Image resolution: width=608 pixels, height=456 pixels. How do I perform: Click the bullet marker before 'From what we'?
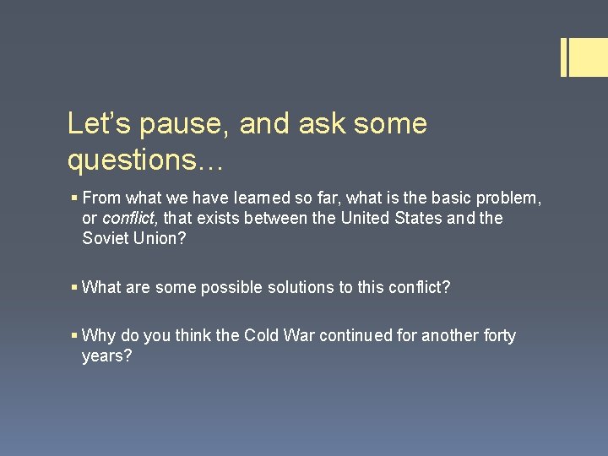click(x=74, y=198)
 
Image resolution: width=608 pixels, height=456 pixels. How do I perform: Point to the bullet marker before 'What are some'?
click(x=74, y=288)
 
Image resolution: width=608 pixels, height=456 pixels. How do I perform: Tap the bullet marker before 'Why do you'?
click(x=74, y=336)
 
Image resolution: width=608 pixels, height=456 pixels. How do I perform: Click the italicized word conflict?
click(x=130, y=218)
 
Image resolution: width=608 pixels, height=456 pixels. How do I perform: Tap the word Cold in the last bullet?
click(x=261, y=335)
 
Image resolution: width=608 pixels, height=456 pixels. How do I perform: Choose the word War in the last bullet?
click(x=301, y=335)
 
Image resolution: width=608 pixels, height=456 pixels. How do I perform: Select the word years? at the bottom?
click(x=107, y=356)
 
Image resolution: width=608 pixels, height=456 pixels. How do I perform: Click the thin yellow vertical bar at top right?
click(x=563, y=57)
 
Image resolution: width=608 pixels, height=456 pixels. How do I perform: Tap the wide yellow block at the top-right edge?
click(x=589, y=57)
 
